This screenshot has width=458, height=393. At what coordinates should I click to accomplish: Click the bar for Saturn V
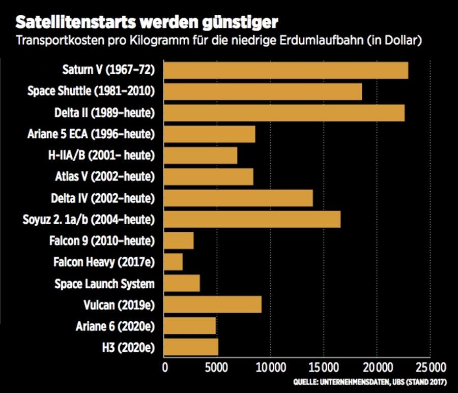coord(286,70)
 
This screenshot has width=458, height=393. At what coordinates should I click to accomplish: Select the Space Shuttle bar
coord(263,91)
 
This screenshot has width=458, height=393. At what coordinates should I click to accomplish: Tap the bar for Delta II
coord(284,112)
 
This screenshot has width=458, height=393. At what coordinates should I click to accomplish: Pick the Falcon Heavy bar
coord(173,262)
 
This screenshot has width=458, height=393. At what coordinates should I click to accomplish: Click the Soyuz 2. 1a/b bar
coord(252,219)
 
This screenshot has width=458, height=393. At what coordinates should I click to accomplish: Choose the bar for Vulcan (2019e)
coord(213,305)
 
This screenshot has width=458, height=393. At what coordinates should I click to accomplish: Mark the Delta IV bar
coord(238,198)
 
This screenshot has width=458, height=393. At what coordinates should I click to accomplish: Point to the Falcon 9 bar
coord(179,240)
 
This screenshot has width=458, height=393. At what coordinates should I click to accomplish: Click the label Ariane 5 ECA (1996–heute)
coord(91,134)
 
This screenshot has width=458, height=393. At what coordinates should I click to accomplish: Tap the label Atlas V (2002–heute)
coord(104,176)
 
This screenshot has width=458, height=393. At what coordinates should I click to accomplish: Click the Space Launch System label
coord(104,283)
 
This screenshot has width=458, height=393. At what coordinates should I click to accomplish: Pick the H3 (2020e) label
coord(128,347)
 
